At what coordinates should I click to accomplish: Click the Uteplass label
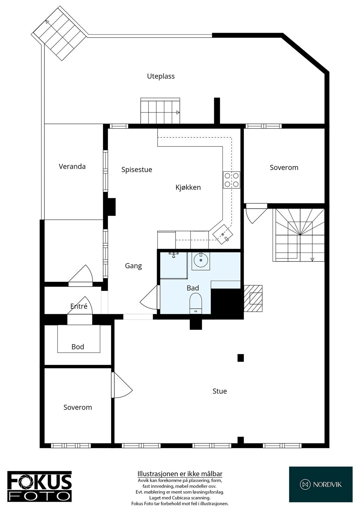click(161, 76)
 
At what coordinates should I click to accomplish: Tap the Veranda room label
click(72, 166)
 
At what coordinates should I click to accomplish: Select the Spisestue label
click(137, 170)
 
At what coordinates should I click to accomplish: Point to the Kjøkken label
click(188, 187)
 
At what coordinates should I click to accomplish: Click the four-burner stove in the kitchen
click(231, 180)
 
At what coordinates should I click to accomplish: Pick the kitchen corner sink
click(223, 234)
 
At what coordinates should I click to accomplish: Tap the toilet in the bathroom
click(196, 303)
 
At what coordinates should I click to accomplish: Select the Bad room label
click(193, 288)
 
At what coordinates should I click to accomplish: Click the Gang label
click(133, 266)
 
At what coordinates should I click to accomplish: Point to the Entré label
click(79, 306)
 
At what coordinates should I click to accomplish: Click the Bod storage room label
click(78, 347)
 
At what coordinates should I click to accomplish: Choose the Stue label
click(220, 391)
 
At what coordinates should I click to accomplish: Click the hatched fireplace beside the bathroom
click(253, 298)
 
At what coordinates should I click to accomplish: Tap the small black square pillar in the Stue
click(241, 358)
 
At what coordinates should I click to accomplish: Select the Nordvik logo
click(321, 485)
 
